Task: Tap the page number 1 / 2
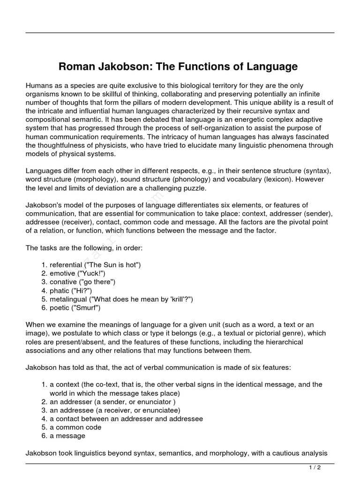click(x=315, y=467)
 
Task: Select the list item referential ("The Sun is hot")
click(x=95, y=265)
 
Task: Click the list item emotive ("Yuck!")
click(x=77, y=273)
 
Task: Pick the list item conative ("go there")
click(x=82, y=282)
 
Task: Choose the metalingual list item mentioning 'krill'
click(x=121, y=299)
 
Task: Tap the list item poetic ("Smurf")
click(x=75, y=308)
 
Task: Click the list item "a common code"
click(x=75, y=427)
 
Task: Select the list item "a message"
click(x=67, y=436)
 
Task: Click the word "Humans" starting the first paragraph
click(x=39, y=86)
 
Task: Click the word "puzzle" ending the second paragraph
click(x=193, y=188)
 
